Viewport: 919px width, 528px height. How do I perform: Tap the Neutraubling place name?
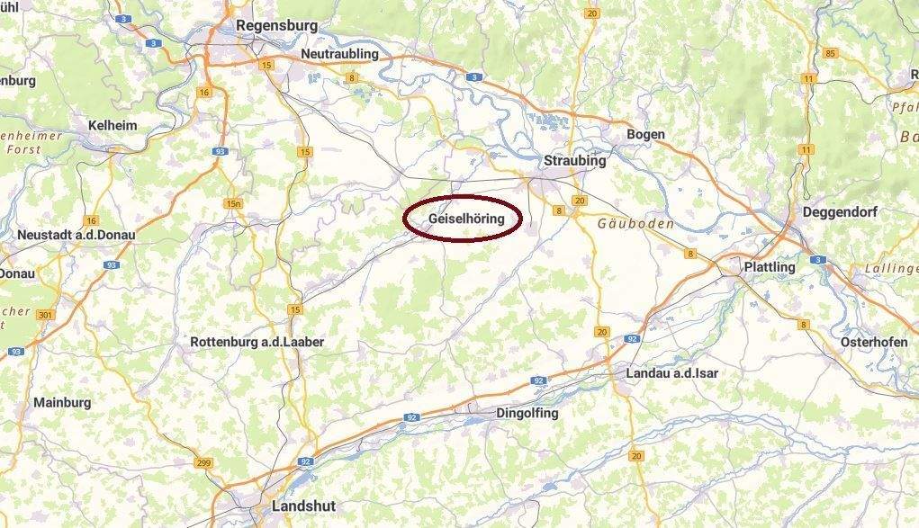pos(339,54)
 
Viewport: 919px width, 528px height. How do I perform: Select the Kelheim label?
pos(113,125)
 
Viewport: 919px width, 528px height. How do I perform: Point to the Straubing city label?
pos(575,161)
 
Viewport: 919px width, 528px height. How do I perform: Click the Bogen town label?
pos(645,134)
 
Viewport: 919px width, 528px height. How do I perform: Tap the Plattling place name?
pos(770,267)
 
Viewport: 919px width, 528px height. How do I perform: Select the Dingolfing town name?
pos(527,413)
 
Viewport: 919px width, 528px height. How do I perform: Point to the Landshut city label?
pos(303,506)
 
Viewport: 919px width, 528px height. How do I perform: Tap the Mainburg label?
pos(62,402)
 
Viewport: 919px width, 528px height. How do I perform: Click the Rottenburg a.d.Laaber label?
pos(257,342)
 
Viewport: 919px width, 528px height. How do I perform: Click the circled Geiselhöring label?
pos(462,219)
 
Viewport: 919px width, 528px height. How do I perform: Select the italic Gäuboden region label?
pos(635,223)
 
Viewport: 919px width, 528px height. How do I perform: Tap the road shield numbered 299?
pos(203,462)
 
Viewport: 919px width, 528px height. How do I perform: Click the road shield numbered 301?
pos(46,315)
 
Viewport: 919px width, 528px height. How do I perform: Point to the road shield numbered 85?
pos(830,53)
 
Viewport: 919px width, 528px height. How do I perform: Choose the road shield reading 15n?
pos(234,203)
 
